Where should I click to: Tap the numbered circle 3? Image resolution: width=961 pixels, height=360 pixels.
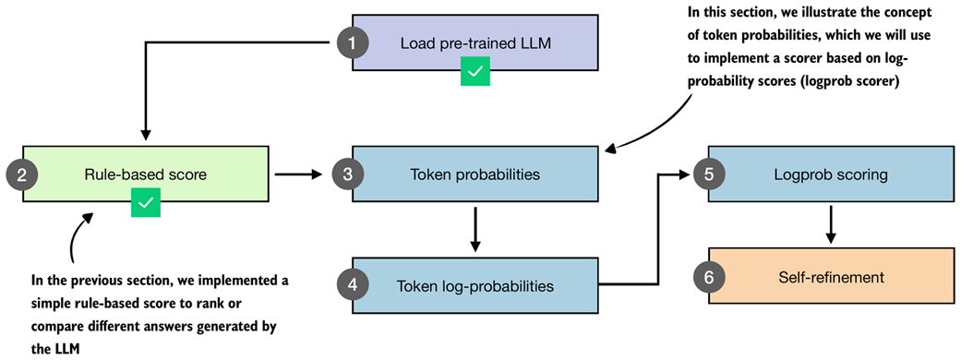click(348, 173)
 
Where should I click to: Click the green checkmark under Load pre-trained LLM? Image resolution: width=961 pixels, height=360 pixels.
click(475, 72)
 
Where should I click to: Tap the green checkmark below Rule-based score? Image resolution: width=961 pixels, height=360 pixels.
click(146, 203)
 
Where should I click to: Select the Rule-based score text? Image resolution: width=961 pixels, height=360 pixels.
click(146, 173)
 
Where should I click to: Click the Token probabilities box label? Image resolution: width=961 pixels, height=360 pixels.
click(474, 173)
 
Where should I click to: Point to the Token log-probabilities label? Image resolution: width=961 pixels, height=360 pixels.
click(474, 285)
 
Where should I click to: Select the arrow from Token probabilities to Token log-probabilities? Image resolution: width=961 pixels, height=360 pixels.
click(474, 230)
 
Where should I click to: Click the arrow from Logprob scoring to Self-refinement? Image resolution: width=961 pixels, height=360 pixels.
click(832, 224)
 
